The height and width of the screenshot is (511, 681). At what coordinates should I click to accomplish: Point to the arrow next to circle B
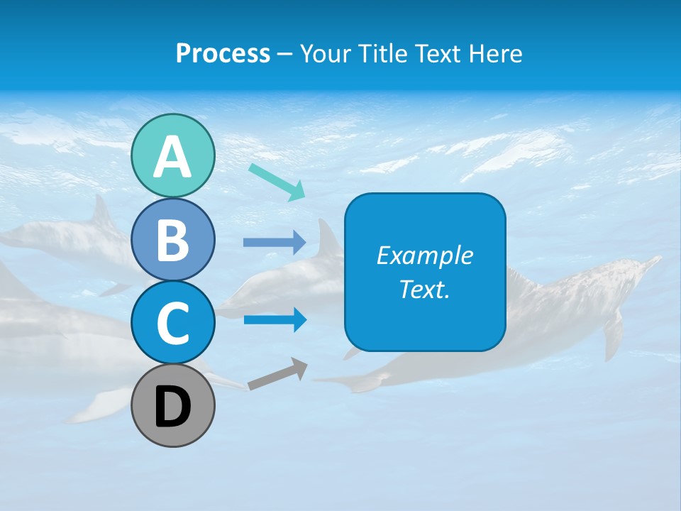pos(275,243)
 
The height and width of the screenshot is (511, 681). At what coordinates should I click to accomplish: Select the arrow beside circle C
pos(275,320)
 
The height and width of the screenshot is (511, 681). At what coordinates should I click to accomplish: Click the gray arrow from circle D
pos(277,375)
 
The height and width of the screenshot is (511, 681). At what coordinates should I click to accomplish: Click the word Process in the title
pos(223,53)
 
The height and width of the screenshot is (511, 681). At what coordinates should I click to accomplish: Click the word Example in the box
pos(424,255)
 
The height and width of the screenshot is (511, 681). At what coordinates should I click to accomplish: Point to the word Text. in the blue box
pos(424,289)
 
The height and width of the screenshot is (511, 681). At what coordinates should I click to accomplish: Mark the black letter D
pos(172,407)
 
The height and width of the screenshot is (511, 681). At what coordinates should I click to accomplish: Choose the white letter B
pos(172,241)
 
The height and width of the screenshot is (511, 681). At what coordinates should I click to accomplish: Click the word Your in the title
pos(325,53)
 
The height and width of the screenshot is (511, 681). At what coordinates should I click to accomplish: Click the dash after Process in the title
pos(284,54)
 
